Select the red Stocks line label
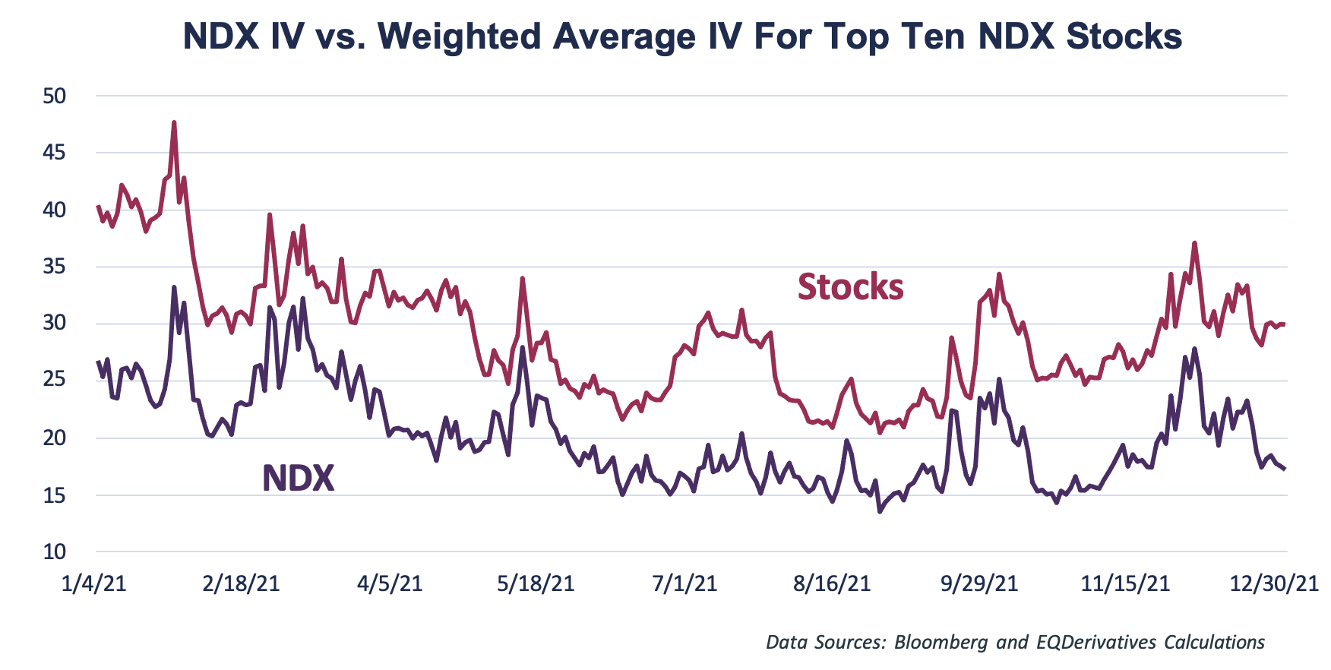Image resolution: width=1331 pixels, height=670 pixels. tap(850, 287)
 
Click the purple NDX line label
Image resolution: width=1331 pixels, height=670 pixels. tap(298, 479)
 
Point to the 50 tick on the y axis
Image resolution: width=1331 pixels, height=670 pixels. tap(55, 96)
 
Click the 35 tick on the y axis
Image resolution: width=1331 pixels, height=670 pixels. tap(55, 267)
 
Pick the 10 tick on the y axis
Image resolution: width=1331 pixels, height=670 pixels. tap(55, 552)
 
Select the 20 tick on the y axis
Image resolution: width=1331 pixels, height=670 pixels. tap(55, 438)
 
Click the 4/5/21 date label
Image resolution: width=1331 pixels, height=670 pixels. tap(390, 583)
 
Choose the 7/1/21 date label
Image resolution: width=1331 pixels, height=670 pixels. tap(684, 583)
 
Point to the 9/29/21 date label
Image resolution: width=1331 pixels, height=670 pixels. tap(979, 583)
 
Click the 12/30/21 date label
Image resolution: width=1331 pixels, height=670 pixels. tap(1274, 583)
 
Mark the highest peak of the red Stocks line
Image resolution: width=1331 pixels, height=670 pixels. tap(174, 122)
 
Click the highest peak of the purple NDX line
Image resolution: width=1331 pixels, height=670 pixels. tap(174, 287)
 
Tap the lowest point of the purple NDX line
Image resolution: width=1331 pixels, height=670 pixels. tap(880, 512)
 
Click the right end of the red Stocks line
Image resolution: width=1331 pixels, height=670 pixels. tap(1284, 324)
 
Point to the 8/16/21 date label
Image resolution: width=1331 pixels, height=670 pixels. tap(832, 583)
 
